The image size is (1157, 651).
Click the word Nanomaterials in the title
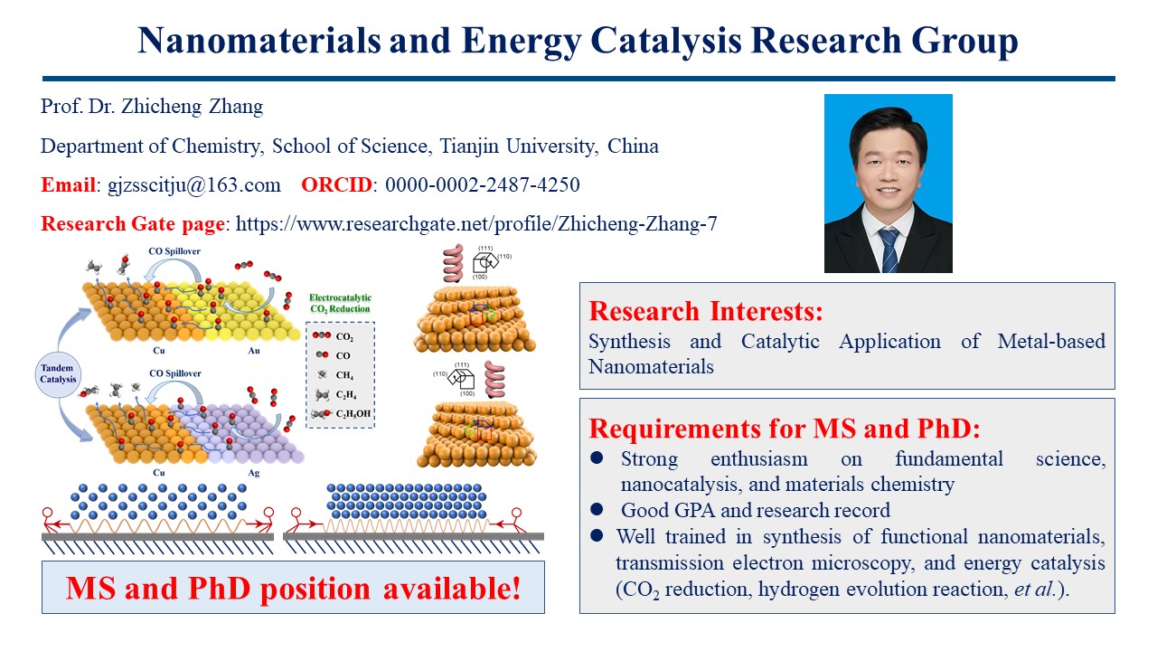coord(259,41)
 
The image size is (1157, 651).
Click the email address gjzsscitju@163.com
coord(194,185)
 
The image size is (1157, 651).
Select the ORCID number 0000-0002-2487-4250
coord(483,184)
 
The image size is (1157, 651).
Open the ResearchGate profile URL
coord(476,223)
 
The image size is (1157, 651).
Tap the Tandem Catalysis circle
coord(58,373)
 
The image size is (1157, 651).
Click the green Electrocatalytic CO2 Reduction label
coord(340,303)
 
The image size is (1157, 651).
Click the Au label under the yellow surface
coord(254,350)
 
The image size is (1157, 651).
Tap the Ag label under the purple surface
coord(254,473)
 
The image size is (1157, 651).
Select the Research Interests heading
coord(706,311)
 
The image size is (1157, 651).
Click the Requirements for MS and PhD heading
coord(784,429)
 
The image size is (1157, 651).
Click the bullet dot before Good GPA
coord(597,510)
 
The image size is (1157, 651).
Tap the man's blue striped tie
coord(889,250)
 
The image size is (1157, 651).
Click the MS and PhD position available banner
coord(293,588)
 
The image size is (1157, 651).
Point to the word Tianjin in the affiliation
coord(469,146)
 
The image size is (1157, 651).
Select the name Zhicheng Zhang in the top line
coord(192,107)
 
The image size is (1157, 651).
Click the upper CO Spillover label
coord(174,251)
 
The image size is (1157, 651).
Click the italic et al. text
coord(1034,589)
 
